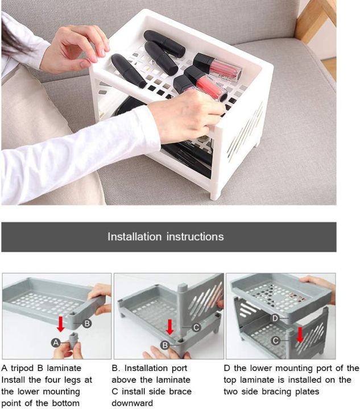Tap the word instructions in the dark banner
(195, 236)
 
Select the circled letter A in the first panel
(55, 343)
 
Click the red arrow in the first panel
(61, 324)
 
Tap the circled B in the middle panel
(164, 345)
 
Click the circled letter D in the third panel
(275, 318)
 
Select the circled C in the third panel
(275, 340)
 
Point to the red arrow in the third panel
(300, 334)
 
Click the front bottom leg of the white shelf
(216, 190)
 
